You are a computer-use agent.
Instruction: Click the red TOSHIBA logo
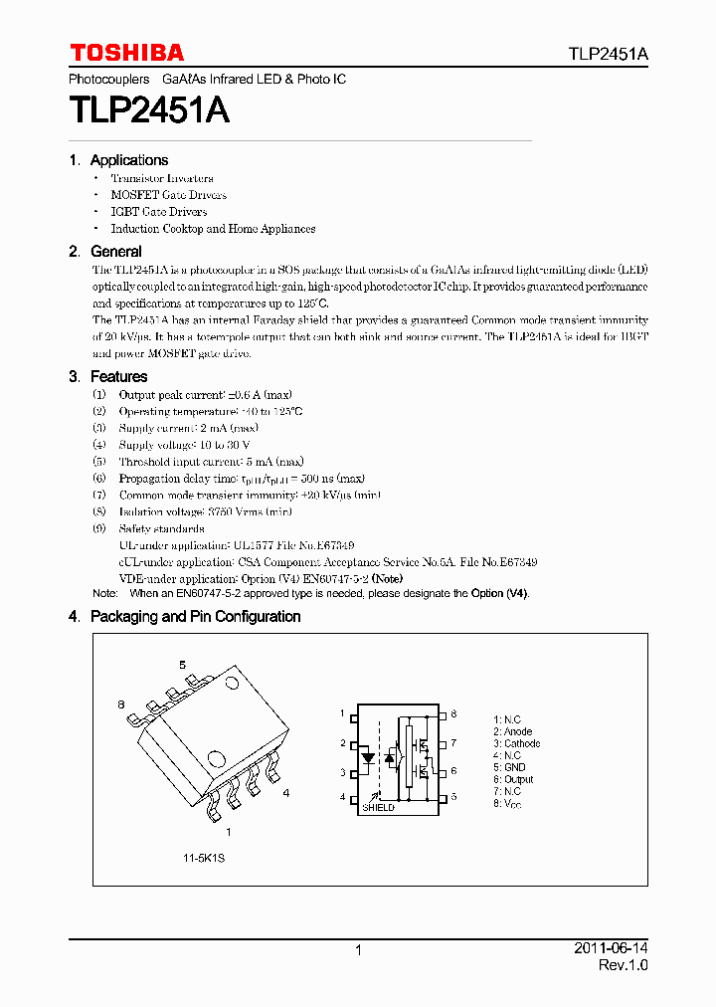click(x=126, y=52)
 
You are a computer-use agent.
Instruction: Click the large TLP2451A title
click(x=149, y=110)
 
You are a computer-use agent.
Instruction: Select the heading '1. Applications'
click(x=118, y=160)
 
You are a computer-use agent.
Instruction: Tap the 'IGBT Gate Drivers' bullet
click(x=159, y=212)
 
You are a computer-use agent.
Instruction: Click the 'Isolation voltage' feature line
click(x=205, y=511)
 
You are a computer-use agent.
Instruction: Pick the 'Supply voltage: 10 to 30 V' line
click(x=184, y=445)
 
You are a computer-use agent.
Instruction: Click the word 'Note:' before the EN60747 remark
click(x=104, y=593)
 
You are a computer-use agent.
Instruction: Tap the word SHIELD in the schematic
click(x=379, y=807)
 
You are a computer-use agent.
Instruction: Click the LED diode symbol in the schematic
click(x=367, y=757)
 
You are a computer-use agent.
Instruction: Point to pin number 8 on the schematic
click(x=453, y=714)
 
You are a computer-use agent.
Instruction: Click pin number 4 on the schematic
click(x=341, y=798)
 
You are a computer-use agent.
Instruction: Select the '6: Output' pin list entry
click(x=514, y=780)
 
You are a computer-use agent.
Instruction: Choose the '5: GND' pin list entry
click(x=510, y=767)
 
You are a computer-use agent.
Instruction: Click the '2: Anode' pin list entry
click(x=514, y=731)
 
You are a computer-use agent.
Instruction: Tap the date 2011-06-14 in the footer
click(x=611, y=950)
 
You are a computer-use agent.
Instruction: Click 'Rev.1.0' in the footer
click(x=623, y=966)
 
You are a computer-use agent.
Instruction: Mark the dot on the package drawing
click(x=233, y=683)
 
